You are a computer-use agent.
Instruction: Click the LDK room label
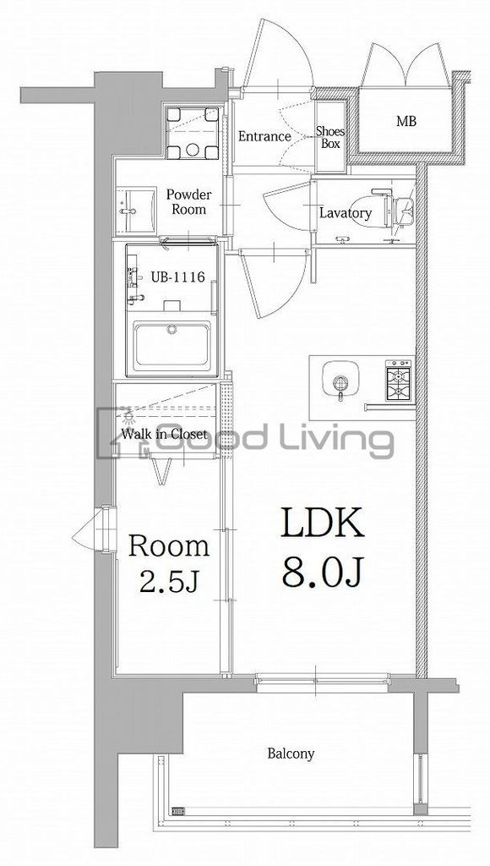pyautogui.click(x=323, y=523)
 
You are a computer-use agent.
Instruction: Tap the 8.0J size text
pyautogui.click(x=322, y=573)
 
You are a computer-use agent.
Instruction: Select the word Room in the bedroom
pyautogui.click(x=169, y=545)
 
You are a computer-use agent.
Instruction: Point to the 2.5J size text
pyautogui.click(x=168, y=581)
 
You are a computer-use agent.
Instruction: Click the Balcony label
pyautogui.click(x=291, y=754)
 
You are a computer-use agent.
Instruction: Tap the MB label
pyautogui.click(x=406, y=121)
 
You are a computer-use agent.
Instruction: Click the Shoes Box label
pyautogui.click(x=330, y=138)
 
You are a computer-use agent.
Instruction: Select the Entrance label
pyautogui.click(x=264, y=136)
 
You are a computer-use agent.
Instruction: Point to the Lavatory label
pyautogui.click(x=346, y=213)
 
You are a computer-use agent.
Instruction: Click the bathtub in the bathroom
pyautogui.click(x=172, y=346)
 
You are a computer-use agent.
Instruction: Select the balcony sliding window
pyautogui.click(x=323, y=682)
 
